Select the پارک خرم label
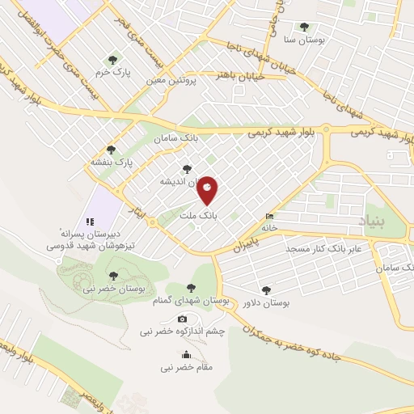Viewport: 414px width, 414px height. click(x=112, y=72)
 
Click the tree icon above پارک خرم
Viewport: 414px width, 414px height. click(x=112, y=60)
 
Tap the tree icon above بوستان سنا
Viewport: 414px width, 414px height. click(x=304, y=27)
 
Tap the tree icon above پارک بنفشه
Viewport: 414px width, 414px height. click(x=111, y=150)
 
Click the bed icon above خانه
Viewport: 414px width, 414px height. click(x=269, y=216)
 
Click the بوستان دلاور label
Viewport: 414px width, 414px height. click(x=266, y=302)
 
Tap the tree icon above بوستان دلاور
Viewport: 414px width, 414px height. click(x=266, y=289)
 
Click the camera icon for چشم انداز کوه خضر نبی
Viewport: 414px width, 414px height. click(x=182, y=319)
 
